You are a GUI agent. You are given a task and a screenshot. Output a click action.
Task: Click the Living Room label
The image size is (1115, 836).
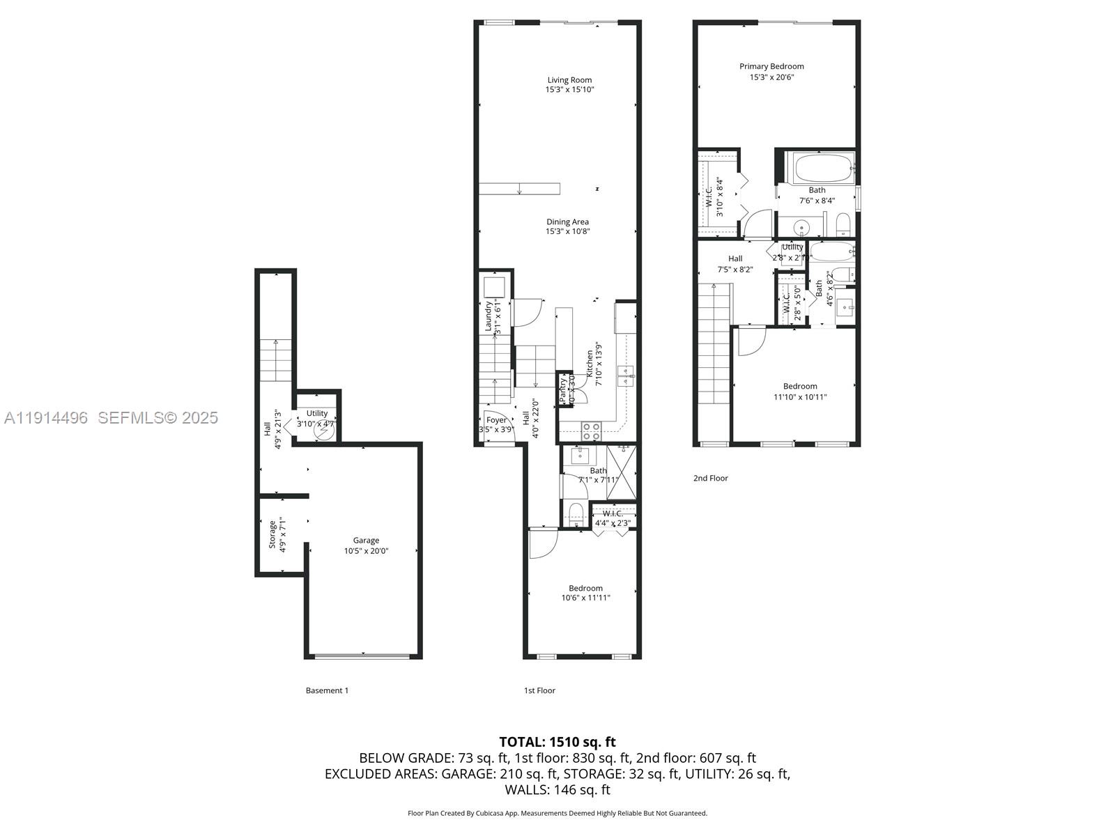pos(569,80)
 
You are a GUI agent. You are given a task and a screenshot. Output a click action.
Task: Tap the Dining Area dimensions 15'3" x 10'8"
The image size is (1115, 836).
pos(568,232)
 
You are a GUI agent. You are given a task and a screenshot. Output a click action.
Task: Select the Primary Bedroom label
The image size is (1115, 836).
pos(771,67)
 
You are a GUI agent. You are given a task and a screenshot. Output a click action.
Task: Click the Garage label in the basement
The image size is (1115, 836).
pos(366,541)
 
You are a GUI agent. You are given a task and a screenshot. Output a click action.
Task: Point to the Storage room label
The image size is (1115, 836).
pos(272,534)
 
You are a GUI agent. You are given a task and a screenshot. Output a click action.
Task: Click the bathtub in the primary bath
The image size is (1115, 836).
pos(823,168)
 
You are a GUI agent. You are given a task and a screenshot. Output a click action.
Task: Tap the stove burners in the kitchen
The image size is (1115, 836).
pos(592,431)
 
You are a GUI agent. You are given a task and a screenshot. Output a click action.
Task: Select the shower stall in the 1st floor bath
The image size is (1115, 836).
pos(621,471)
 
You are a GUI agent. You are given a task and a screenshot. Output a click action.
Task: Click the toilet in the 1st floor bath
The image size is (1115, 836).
pos(576,514)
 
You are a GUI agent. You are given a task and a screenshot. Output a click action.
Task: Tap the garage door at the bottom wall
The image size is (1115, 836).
pos(362,656)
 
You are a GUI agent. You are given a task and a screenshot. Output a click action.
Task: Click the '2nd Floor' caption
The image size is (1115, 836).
pos(710,479)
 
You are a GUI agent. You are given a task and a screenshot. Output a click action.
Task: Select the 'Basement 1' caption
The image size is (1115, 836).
pos(327,691)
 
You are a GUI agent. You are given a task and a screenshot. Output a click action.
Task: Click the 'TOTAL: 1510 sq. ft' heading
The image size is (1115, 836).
pos(557,742)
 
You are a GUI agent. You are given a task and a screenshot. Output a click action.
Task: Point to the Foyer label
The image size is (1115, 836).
pos(496,420)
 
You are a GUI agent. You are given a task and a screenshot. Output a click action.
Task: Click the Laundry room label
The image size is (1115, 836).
pos(489,316)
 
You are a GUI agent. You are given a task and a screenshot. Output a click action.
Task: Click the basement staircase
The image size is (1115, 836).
pos(276,359)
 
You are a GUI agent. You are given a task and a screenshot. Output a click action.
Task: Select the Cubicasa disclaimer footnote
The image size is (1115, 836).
pos(557,813)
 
